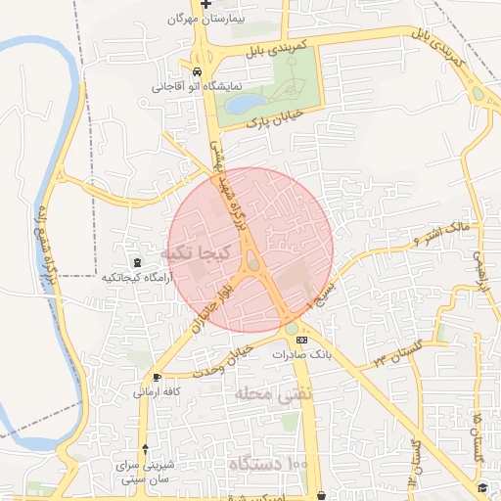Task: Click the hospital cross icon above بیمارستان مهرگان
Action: (x=205, y=5)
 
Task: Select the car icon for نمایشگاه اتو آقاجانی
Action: (x=198, y=73)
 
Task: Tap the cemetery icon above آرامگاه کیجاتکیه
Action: (x=136, y=262)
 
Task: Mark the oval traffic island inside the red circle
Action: (x=254, y=262)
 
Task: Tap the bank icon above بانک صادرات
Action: (x=299, y=340)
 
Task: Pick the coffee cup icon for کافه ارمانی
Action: (x=157, y=377)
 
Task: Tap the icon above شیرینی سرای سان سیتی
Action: (x=146, y=449)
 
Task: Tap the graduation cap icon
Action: (x=481, y=486)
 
